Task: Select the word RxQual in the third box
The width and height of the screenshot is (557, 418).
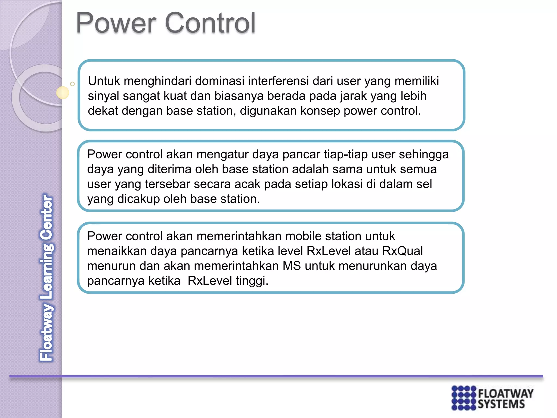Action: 402,251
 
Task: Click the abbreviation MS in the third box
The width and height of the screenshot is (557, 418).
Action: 292,266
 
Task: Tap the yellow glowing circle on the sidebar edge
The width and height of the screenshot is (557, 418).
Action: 63,93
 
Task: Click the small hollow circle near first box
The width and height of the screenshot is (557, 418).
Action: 72,84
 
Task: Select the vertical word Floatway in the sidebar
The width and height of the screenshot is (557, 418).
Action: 47,333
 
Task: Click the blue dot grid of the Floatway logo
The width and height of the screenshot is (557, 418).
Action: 464,398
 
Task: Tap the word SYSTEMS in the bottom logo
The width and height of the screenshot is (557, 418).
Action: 501,404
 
